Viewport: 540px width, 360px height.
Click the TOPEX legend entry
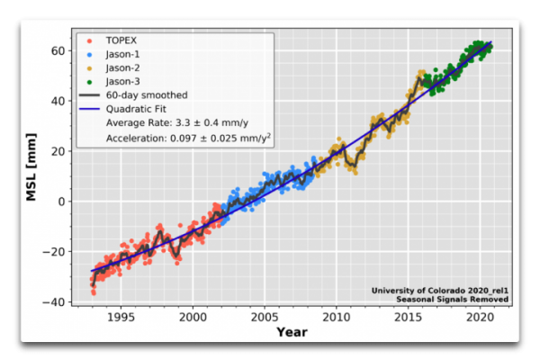pyautogui.click(x=122, y=41)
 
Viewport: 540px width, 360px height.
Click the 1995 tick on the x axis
pyautogui.click(x=121, y=318)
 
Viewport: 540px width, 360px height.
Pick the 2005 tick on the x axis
pyautogui.click(x=264, y=318)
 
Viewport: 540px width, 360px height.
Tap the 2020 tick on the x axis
pyautogui.click(x=478, y=318)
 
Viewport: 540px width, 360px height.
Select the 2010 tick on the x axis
pyautogui.click(x=336, y=318)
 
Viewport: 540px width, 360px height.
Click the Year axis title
pyautogui.click(x=292, y=333)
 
